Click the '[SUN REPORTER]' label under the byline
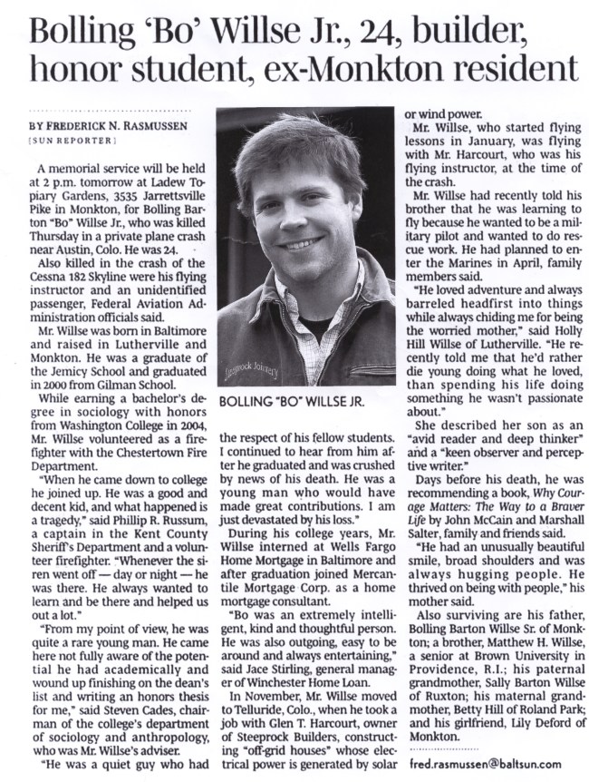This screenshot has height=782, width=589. pyautogui.click(x=72, y=142)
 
